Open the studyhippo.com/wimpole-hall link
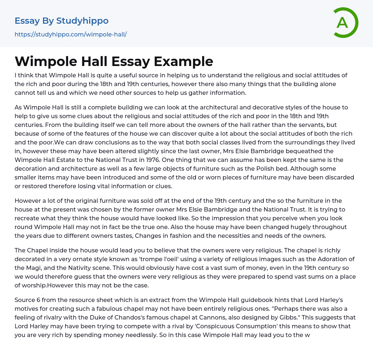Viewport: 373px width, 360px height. point(71,35)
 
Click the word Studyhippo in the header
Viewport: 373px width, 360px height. point(82,21)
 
